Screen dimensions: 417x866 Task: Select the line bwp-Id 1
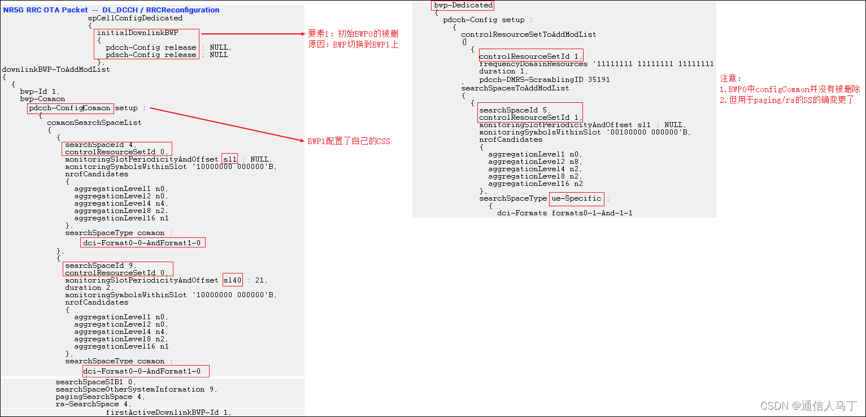point(40,91)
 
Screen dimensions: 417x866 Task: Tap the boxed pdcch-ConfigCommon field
point(70,108)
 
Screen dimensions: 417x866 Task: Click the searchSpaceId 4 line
point(101,145)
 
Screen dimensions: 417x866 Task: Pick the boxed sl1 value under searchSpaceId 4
point(230,159)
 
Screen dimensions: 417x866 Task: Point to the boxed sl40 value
point(232,280)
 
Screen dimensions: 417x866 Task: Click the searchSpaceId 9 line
point(101,266)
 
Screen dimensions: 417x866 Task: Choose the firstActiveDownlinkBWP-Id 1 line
point(168,412)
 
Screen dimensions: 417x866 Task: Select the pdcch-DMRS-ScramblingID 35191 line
point(544,80)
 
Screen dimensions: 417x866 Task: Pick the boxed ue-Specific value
point(576,198)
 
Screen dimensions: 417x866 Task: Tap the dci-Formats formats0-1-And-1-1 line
point(564,213)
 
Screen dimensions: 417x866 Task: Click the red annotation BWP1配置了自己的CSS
point(349,141)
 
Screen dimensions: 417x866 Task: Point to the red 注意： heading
point(731,79)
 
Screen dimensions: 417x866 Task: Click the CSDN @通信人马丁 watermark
point(808,406)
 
